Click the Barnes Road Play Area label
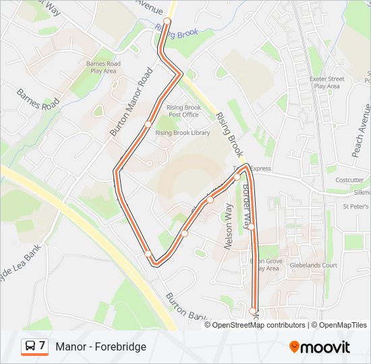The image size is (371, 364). (103, 67)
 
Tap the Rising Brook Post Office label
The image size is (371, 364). (183, 111)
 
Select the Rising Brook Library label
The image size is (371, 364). (182, 133)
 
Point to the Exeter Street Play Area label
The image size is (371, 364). (327, 82)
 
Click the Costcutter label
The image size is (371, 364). (349, 180)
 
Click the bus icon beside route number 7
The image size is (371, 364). (30, 346)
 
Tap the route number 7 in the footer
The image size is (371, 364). (42, 346)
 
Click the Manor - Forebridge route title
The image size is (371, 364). (101, 346)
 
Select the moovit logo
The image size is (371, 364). (320, 347)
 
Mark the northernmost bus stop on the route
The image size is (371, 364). (167, 22)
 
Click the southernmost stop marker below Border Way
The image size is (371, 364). (253, 311)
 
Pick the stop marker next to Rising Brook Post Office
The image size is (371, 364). (148, 124)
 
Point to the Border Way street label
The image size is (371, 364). (247, 202)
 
